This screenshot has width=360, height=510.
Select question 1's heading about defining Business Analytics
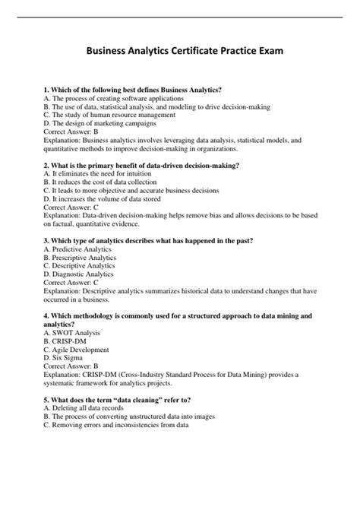[134, 90]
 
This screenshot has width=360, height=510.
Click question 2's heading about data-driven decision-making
[142, 165]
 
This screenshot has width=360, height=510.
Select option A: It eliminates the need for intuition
[100, 173]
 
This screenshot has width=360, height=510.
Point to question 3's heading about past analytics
[149, 240]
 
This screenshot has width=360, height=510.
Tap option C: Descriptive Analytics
[80, 265]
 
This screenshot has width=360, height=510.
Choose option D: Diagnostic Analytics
[80, 274]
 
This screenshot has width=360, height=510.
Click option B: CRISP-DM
[68, 340]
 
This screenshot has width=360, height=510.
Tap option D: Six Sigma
[65, 356]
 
